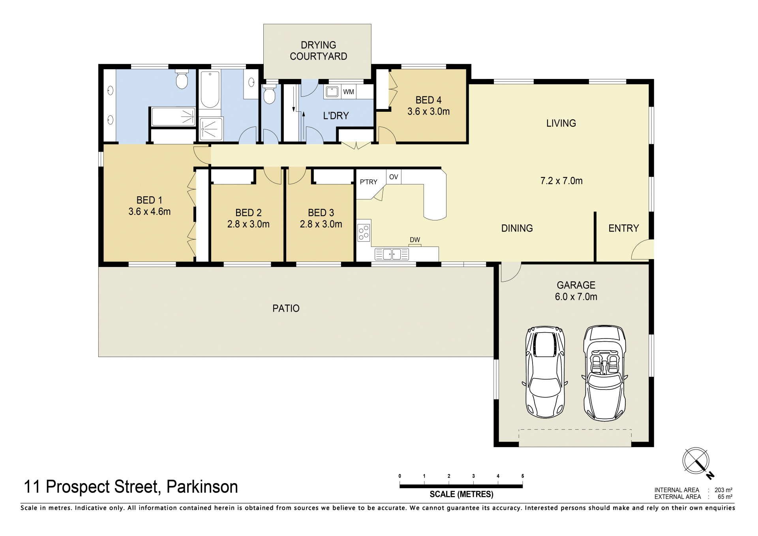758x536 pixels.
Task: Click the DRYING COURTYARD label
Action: click(318, 51)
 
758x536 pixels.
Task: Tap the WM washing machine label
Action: click(349, 92)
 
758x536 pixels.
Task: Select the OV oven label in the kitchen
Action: click(394, 177)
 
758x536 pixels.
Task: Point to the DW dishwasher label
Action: click(415, 240)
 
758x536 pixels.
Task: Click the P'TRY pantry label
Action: click(368, 182)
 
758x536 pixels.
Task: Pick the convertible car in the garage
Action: click(604, 373)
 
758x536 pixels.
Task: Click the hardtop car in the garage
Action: click(545, 372)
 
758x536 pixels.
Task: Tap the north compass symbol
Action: click(697, 462)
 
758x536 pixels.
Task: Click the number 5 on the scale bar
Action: click(522, 476)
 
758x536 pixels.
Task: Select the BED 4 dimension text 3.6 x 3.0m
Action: click(428, 112)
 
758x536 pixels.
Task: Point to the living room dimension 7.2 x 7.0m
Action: click(561, 181)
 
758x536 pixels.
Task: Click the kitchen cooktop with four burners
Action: click(364, 232)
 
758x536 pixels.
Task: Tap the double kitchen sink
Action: click(392, 254)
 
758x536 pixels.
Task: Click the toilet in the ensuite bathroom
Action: click(182, 79)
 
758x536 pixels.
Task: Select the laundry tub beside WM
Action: click(332, 92)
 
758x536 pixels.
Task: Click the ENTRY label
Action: click(623, 228)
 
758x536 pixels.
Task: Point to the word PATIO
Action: click(286, 308)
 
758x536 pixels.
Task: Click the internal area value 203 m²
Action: click(723, 490)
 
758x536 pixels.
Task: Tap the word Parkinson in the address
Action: click(202, 487)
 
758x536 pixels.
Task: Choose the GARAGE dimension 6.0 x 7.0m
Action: click(576, 297)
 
